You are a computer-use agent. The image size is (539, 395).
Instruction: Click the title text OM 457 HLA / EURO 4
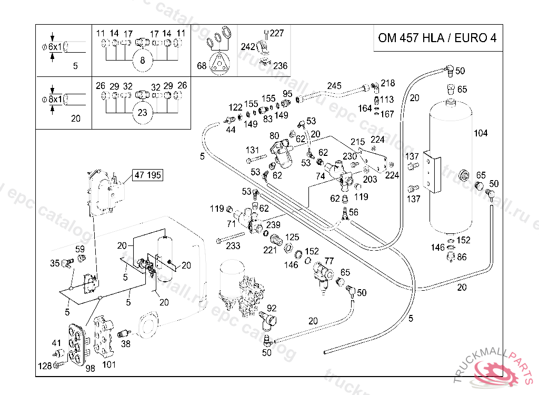click(437, 38)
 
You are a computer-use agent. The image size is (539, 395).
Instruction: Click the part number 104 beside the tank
click(481, 133)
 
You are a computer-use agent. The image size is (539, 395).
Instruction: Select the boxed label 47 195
click(148, 175)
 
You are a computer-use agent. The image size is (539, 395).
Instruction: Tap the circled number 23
click(142, 113)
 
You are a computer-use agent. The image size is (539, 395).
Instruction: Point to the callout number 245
click(334, 86)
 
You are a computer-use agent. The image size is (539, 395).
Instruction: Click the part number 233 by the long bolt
click(233, 245)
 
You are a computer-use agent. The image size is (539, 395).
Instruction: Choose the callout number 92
click(272, 308)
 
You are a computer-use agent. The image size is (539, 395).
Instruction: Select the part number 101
click(109, 364)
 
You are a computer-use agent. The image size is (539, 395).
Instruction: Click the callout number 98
click(90, 368)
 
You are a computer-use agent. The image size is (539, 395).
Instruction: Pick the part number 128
click(45, 366)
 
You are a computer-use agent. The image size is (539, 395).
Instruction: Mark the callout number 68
click(202, 66)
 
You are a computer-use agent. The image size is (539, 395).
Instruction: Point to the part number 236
click(281, 66)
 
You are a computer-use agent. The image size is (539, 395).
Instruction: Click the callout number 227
click(277, 33)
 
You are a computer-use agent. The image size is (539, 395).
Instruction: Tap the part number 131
click(253, 150)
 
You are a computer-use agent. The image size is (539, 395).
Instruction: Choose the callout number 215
click(357, 142)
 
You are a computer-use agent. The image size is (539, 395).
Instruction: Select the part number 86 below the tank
click(462, 257)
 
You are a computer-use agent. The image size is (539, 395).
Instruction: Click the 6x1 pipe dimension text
click(55, 47)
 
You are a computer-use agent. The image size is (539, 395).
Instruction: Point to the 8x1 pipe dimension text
click(55, 98)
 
